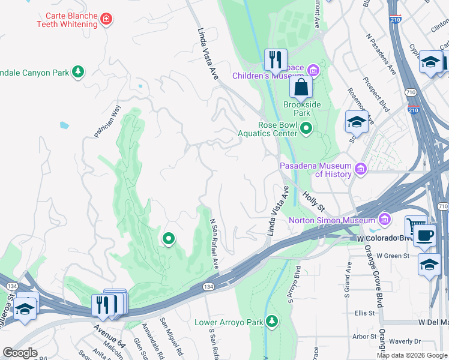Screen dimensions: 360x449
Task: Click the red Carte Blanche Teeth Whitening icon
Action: (107, 19)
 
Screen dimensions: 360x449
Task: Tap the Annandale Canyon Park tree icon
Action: (77, 72)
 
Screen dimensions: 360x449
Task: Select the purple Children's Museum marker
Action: (314, 71)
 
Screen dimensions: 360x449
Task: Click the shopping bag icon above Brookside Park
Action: (301, 88)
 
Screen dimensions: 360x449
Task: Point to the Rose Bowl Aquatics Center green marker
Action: (307, 128)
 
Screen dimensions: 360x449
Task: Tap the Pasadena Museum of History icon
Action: (361, 169)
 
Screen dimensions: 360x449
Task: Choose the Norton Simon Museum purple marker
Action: (384, 219)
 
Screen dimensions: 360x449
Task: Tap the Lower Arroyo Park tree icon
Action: (272, 322)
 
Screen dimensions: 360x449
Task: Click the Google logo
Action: (20, 353)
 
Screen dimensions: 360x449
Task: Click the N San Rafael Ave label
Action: (214, 244)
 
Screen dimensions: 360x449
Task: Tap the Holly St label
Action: (313, 201)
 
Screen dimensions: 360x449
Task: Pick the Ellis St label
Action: (364, 313)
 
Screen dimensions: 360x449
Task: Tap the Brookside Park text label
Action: (302, 109)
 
